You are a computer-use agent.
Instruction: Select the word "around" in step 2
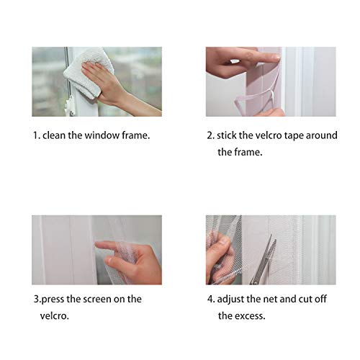coord(323,135)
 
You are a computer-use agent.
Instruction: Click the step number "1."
coord(35,135)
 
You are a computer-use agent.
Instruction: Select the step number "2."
coord(210,135)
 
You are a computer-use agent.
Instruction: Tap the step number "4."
coord(210,298)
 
